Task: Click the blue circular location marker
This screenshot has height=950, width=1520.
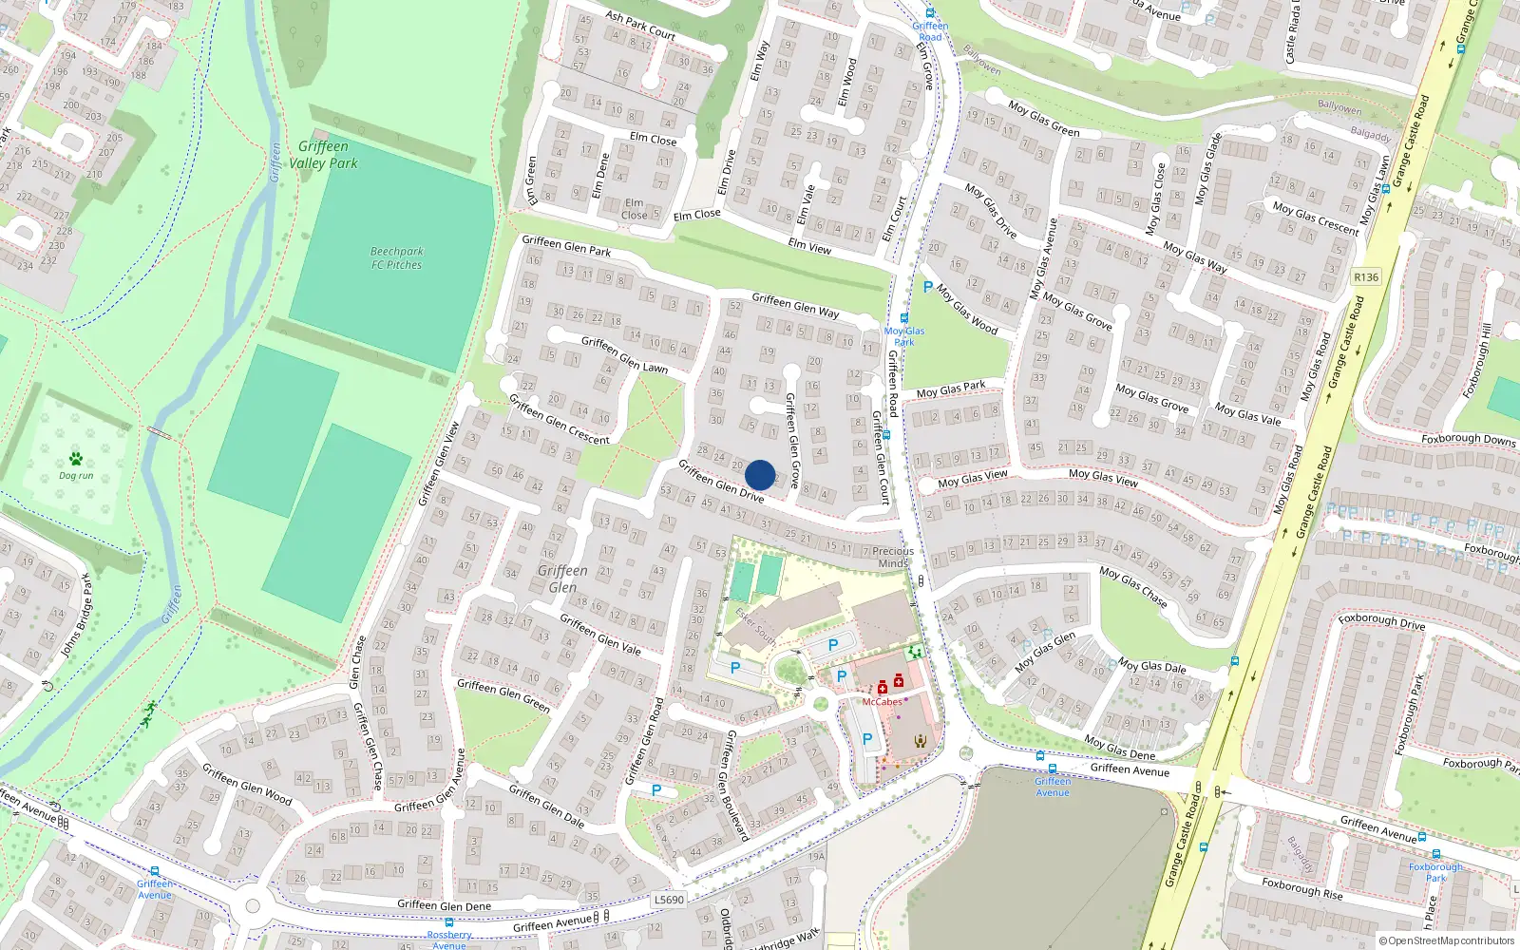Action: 760,475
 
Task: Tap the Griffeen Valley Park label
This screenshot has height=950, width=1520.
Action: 323,155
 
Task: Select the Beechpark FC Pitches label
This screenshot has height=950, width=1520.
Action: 397,258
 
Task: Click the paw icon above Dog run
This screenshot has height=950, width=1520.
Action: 76,458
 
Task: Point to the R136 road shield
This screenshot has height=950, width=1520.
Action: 1365,276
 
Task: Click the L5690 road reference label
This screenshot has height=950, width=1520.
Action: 669,900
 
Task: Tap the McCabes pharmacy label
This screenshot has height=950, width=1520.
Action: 882,702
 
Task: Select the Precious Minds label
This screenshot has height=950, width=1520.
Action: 893,557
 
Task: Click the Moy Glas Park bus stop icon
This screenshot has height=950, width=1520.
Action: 903,318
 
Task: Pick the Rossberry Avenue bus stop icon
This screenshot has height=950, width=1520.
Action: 449,922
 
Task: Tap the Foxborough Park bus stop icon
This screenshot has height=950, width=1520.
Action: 1435,854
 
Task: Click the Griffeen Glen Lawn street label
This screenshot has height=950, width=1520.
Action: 624,354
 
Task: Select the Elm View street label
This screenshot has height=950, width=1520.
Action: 809,247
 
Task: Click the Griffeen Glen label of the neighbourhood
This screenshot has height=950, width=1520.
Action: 562,579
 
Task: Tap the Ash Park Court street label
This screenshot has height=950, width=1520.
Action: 640,25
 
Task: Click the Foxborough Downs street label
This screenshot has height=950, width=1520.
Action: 1469,439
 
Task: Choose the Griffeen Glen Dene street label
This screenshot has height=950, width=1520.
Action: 444,905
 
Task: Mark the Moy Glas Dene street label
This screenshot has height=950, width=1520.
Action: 1120,748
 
